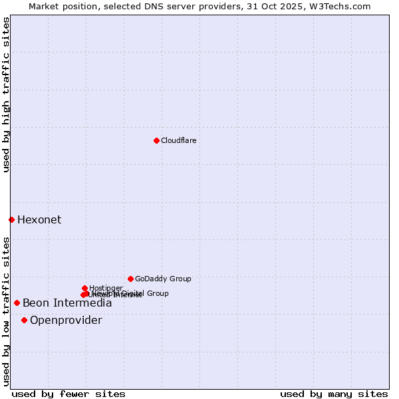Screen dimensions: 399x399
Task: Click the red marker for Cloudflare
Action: tap(156, 140)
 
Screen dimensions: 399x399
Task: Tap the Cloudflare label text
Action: tap(178, 140)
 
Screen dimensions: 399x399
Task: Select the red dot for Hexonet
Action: tap(11, 219)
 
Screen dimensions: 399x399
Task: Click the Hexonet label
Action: tap(39, 220)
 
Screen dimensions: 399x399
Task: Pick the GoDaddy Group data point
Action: tap(130, 279)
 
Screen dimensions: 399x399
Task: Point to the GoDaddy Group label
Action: tap(163, 279)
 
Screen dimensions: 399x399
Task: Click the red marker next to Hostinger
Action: tap(84, 288)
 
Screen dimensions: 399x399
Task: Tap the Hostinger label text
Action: tap(106, 288)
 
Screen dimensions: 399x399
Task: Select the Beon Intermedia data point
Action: tap(17, 303)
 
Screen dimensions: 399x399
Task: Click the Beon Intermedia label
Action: tap(67, 303)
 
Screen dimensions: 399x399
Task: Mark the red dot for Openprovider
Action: tap(24, 320)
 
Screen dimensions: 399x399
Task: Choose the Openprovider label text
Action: tap(66, 321)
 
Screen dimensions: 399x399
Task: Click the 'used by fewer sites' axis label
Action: tap(68, 394)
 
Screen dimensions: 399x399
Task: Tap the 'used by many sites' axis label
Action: tap(334, 394)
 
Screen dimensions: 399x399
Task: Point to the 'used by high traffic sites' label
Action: tap(6, 94)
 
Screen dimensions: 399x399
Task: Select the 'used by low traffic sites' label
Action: tap(6, 311)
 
